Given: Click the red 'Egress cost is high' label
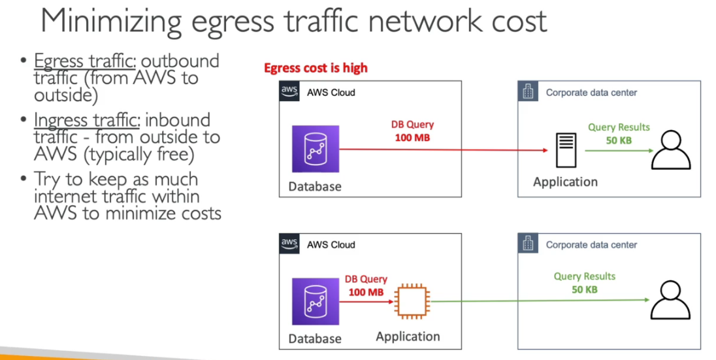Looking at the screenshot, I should [x=316, y=68].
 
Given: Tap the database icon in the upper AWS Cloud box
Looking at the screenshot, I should [x=316, y=148].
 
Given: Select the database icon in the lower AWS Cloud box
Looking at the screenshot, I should [x=316, y=301].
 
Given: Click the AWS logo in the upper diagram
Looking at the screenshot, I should [x=289, y=91].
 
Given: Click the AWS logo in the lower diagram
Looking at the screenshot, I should [x=289, y=244].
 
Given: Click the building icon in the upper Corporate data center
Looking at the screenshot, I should [x=528, y=92].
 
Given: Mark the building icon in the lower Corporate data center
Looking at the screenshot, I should [x=528, y=244].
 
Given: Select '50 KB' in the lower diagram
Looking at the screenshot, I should [x=585, y=289].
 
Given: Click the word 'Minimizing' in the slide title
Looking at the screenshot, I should [x=110, y=21].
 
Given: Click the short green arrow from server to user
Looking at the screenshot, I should [x=618, y=151].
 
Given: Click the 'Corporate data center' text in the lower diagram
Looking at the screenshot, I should [x=591, y=245].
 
